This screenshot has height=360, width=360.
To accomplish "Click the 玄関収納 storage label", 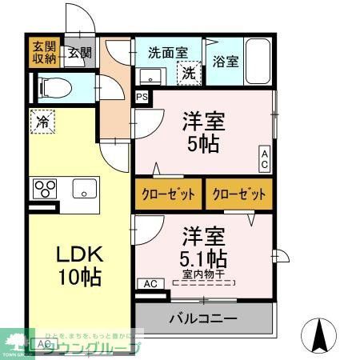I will (44, 53).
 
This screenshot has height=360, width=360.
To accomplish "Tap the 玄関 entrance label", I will (78, 53).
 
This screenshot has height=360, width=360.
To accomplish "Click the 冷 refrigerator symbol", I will (42, 123).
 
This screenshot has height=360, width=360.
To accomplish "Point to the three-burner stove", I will (45, 189).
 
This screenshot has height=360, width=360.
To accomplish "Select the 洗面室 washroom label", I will (168, 53).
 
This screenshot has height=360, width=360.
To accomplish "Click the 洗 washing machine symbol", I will (188, 73).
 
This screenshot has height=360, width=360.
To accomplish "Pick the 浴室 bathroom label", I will (225, 61).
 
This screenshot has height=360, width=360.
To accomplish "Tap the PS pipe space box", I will (142, 97).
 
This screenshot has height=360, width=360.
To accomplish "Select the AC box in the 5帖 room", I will (263, 158).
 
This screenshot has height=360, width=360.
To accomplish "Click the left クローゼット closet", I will (168, 194).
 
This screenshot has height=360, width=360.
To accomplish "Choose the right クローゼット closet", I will (238, 194).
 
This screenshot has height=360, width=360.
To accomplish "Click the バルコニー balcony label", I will (202, 318).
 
